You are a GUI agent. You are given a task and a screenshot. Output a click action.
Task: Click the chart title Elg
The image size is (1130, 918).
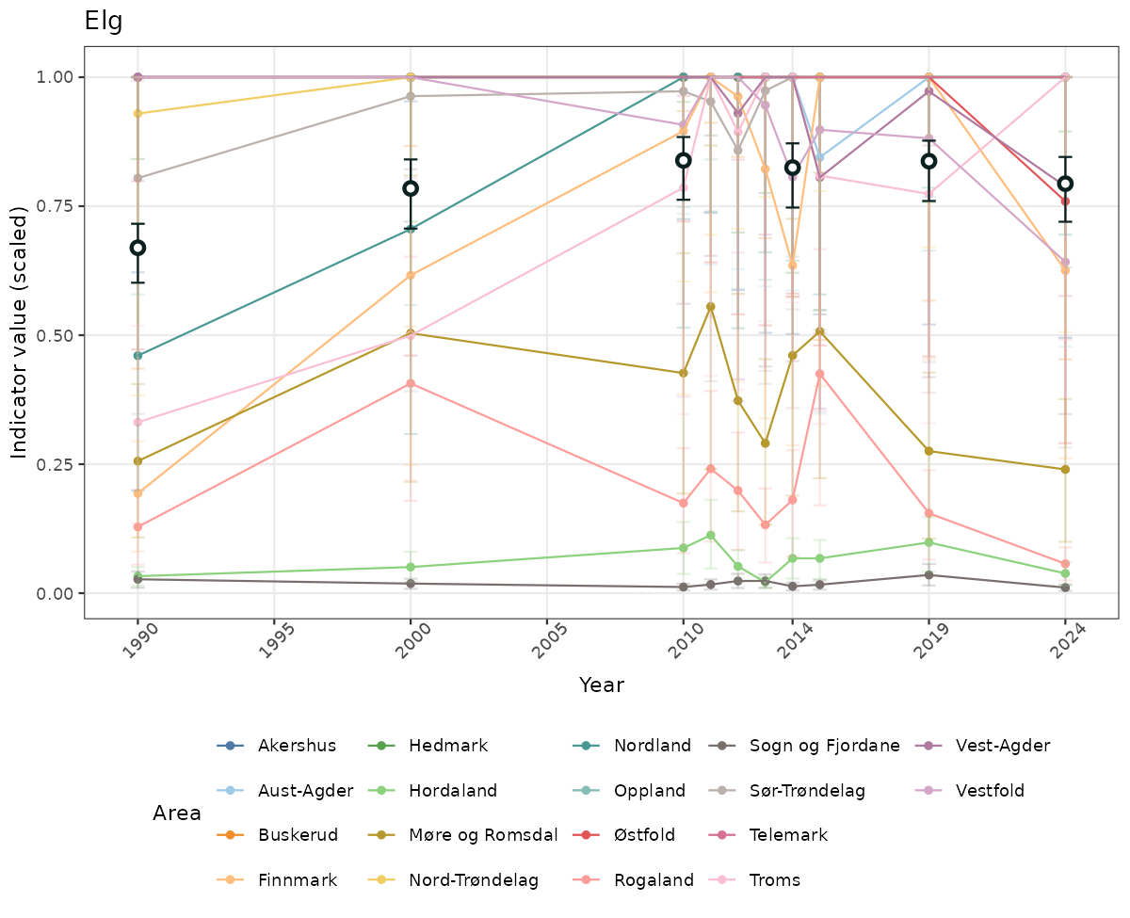point(104,21)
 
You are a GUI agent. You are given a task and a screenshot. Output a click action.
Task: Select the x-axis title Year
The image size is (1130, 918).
point(601,684)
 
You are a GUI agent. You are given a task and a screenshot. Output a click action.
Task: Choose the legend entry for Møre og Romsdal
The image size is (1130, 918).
point(483,835)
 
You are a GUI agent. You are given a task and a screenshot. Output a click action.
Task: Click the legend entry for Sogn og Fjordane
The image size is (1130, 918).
point(824,746)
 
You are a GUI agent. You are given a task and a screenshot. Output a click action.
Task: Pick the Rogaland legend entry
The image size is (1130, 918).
point(653,880)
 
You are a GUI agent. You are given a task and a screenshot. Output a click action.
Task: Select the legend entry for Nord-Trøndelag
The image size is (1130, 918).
point(473,880)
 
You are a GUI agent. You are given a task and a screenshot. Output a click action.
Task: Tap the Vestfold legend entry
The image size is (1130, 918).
point(990,790)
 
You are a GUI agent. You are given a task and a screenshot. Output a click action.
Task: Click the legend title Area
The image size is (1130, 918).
point(177,813)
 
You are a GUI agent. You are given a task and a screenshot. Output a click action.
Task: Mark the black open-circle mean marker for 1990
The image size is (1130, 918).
point(137,248)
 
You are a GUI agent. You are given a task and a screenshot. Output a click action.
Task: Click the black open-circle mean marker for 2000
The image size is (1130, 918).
point(411,188)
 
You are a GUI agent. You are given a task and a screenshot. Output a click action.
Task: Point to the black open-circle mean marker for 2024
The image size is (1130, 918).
point(1065,184)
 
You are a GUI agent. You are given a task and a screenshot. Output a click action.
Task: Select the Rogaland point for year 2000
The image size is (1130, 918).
point(411,383)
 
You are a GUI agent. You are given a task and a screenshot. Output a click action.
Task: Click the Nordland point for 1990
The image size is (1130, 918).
point(137,355)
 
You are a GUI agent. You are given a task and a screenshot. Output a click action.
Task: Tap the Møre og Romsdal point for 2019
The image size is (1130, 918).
point(928,451)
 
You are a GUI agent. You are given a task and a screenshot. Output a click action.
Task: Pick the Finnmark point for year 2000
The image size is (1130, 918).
point(411,275)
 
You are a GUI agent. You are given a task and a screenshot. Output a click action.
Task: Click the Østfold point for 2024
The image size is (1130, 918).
point(1065,201)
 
